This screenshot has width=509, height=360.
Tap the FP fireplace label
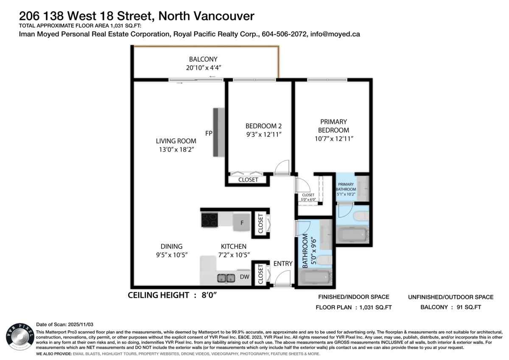[x=209, y=133]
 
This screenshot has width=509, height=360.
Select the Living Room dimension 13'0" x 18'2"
[x=176, y=150]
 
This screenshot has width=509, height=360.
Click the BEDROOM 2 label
[x=263, y=126]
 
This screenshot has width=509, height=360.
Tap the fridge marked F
[x=242, y=223]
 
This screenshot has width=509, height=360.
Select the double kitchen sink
[x=226, y=278]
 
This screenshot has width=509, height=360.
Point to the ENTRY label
[x=283, y=263]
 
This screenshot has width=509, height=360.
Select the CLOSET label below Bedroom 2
[x=248, y=180]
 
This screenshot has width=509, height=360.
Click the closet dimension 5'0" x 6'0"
[x=308, y=199]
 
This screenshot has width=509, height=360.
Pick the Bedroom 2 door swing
[x=282, y=167]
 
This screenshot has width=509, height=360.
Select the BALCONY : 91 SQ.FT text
[x=450, y=308]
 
